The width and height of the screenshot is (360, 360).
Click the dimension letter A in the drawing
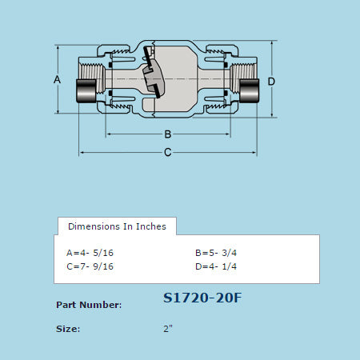(57, 80)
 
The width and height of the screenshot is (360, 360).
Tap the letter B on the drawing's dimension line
(168, 134)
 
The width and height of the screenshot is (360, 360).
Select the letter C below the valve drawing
(168, 153)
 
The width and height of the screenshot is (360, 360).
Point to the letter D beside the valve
(271, 82)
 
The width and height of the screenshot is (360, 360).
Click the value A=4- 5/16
(90, 252)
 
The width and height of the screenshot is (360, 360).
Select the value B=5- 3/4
(216, 252)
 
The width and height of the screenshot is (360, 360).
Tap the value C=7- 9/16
(90, 266)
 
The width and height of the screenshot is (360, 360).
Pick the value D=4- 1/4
(216, 266)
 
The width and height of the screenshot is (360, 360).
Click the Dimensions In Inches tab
(117, 226)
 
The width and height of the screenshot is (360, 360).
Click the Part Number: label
(89, 305)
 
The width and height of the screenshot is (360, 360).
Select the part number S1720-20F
(202, 298)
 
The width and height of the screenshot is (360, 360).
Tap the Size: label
(68, 329)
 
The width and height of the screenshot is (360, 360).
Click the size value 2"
(168, 329)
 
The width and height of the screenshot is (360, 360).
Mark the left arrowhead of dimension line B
(109, 134)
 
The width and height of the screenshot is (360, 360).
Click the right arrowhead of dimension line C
(256, 153)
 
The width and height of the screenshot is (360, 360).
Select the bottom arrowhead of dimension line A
(57, 113)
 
